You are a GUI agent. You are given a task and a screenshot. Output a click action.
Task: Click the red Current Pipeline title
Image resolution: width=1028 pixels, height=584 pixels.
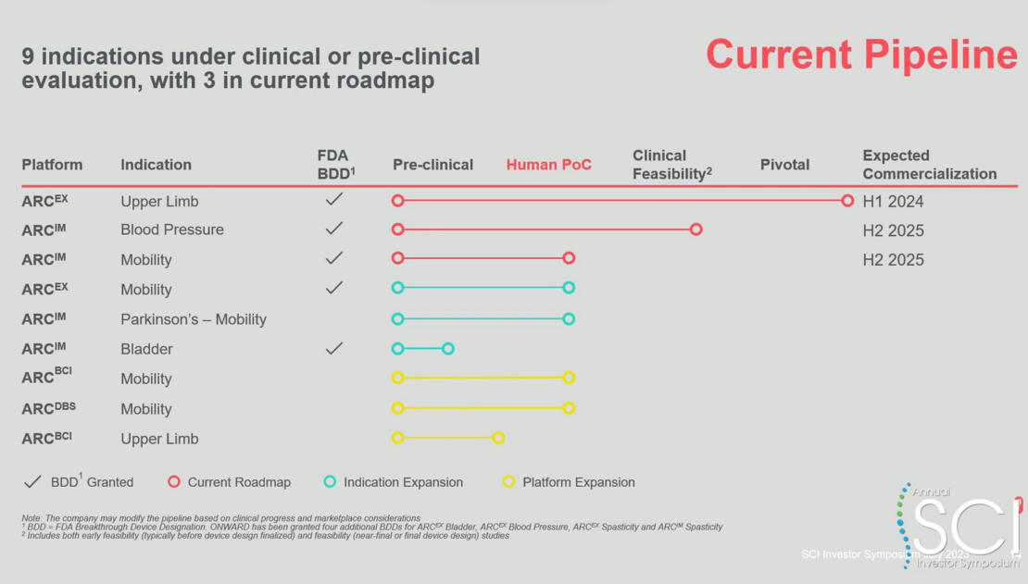pos(861,55)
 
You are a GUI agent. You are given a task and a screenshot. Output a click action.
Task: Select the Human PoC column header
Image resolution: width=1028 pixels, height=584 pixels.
pos(548,165)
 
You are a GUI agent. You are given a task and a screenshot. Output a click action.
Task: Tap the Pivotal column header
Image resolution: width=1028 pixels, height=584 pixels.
pos(784,165)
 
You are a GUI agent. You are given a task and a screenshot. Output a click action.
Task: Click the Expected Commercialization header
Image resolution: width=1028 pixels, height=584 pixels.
pos(929,165)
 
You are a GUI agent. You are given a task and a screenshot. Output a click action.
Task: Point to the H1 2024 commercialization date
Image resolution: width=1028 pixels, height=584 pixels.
pos(893,202)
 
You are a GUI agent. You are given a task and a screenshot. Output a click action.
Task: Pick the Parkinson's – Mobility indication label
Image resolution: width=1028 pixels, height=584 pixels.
pos(193,319)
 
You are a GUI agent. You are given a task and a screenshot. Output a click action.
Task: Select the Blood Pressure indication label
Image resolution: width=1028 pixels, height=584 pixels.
pos(171,230)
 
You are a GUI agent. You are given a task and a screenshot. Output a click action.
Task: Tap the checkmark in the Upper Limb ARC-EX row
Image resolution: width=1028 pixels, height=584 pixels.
pos(334,200)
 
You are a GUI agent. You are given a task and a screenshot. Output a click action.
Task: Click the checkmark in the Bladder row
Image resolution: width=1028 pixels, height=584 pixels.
pos(334,348)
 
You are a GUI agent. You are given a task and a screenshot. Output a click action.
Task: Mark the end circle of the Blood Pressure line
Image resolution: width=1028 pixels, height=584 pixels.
pos(696,230)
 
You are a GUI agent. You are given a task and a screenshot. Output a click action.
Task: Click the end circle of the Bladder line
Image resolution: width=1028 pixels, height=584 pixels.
pos(448,349)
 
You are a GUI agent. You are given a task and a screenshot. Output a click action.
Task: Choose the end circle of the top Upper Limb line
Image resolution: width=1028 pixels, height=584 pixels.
pos(847,201)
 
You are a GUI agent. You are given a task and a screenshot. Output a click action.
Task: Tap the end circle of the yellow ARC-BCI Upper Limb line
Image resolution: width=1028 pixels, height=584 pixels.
pos(498,438)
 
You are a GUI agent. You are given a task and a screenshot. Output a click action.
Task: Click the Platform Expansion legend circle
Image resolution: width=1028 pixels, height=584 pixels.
pos(508,481)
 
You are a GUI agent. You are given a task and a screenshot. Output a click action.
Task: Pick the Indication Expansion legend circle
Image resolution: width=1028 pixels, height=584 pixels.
pos(330,481)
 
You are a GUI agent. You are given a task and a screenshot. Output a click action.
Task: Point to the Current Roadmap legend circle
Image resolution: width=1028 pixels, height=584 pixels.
pos(174,481)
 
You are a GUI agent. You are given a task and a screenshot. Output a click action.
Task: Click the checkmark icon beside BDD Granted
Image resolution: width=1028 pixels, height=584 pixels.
pos(32,481)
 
